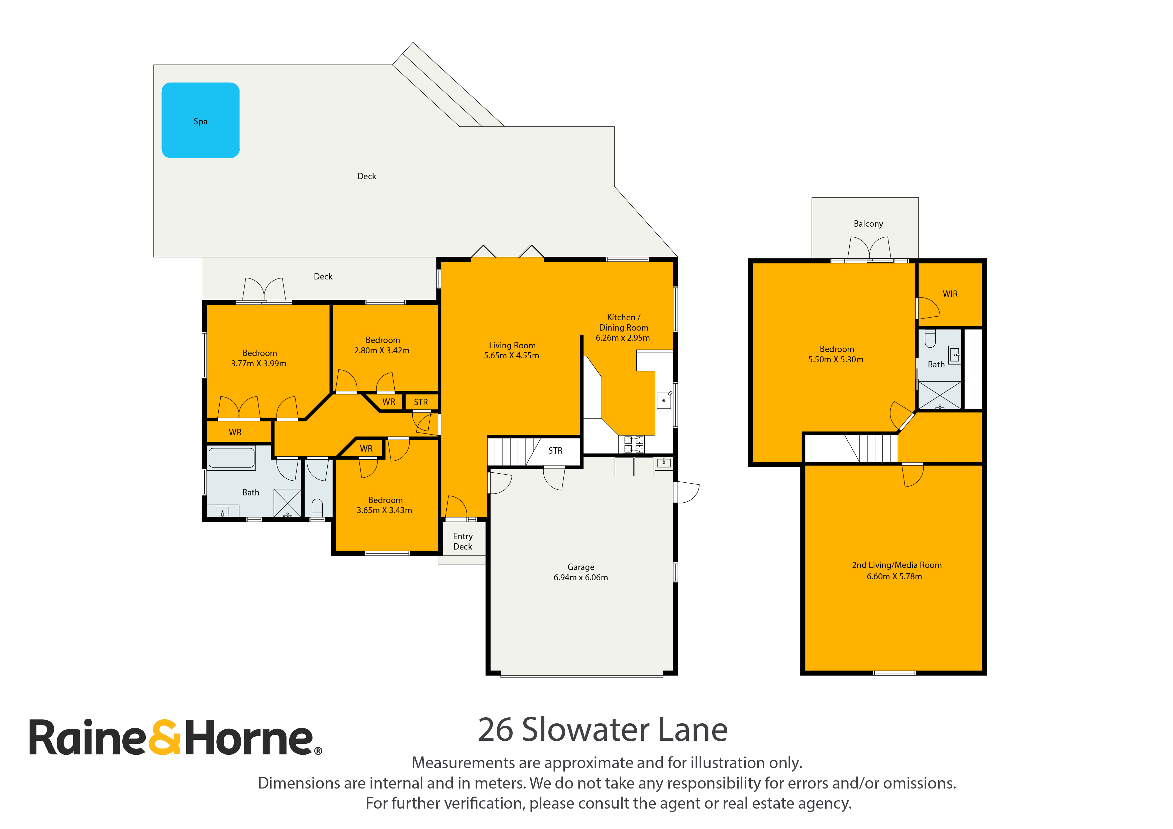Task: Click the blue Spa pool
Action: [x=200, y=120]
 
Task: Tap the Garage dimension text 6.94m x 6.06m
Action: [x=580, y=577]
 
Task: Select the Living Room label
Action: [x=512, y=345]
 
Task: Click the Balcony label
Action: [x=868, y=224]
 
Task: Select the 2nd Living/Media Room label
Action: [x=896, y=565]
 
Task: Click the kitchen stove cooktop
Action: [x=634, y=444]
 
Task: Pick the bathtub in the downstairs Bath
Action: [x=231, y=458]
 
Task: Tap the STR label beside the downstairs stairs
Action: [x=555, y=451]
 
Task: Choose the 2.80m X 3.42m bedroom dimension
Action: [x=382, y=350]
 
